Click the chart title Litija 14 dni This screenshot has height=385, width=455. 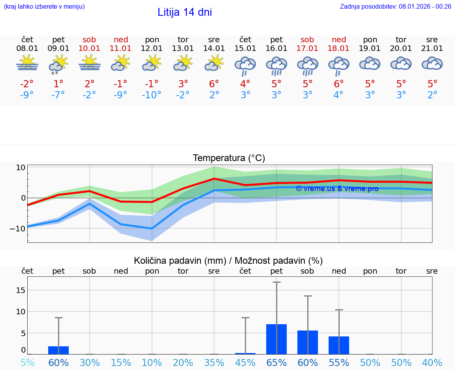(x=184, y=12)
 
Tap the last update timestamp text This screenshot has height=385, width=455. (x=395, y=6)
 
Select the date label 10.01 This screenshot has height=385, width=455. (x=90, y=49)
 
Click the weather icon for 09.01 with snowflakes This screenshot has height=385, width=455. (x=58, y=65)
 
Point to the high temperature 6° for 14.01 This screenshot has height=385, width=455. (x=214, y=84)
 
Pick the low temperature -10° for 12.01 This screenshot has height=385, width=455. (x=152, y=95)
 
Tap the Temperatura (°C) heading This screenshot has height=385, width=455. (x=229, y=158)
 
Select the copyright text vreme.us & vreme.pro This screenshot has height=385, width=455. (x=337, y=189)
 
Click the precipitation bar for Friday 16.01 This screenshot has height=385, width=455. (x=276, y=339)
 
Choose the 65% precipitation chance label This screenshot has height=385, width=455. (x=276, y=362)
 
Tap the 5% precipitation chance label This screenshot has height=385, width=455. (x=27, y=362)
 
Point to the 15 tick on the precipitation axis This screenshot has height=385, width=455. (x=21, y=290)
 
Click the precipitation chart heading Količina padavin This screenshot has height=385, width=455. (x=228, y=261)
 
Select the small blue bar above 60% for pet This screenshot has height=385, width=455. (x=58, y=350)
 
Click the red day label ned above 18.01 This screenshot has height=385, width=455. (x=339, y=39)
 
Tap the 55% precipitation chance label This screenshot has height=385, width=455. (x=338, y=362)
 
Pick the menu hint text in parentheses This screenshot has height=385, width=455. (x=44, y=6)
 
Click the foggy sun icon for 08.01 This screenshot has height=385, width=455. (x=27, y=63)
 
